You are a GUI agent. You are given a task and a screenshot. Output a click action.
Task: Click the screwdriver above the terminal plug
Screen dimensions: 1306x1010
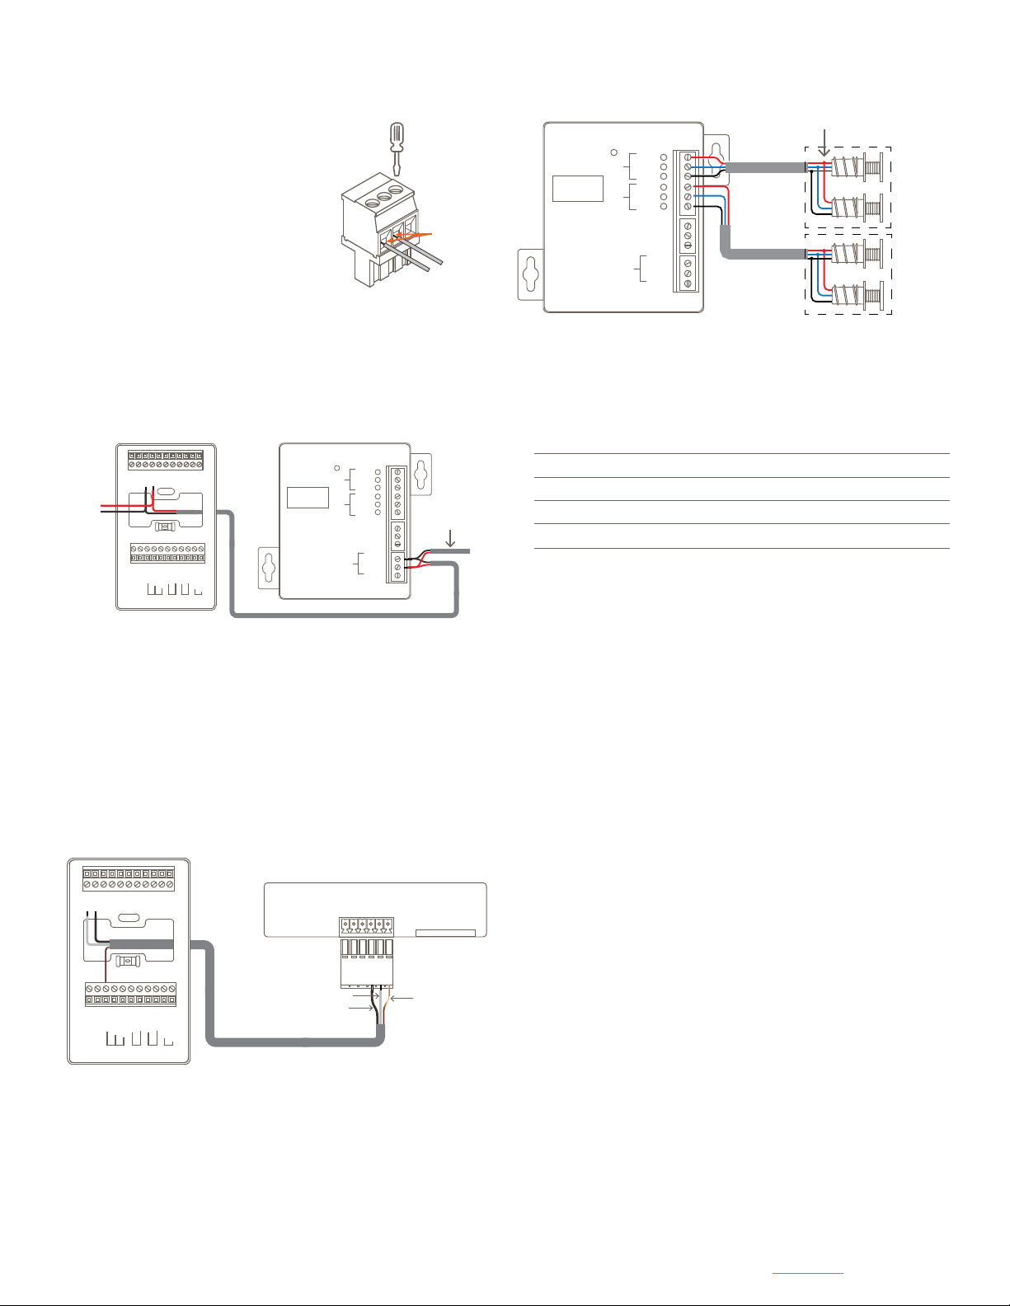(397, 144)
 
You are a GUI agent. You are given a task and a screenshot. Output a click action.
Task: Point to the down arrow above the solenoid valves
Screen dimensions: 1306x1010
(824, 142)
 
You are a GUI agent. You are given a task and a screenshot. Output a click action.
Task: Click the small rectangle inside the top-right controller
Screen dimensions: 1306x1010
(577, 188)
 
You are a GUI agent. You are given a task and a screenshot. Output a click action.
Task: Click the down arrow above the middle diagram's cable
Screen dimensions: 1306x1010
(450, 538)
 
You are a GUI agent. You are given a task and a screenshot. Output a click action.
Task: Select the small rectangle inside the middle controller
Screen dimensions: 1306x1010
(308, 498)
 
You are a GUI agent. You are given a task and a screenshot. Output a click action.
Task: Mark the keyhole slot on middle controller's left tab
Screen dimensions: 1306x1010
(269, 566)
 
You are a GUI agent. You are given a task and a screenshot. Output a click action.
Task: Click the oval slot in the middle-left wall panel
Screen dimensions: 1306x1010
(166, 492)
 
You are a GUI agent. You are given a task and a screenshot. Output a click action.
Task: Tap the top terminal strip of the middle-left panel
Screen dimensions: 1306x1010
(166, 460)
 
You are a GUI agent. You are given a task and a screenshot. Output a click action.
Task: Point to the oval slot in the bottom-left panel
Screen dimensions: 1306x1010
(129, 917)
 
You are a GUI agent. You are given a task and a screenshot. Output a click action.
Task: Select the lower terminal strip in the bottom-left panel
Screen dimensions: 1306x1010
(131, 994)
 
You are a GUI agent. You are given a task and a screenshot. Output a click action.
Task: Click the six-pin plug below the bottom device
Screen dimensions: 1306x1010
(367, 962)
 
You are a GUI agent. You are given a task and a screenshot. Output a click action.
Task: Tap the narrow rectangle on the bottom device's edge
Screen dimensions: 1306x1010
(445, 933)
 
